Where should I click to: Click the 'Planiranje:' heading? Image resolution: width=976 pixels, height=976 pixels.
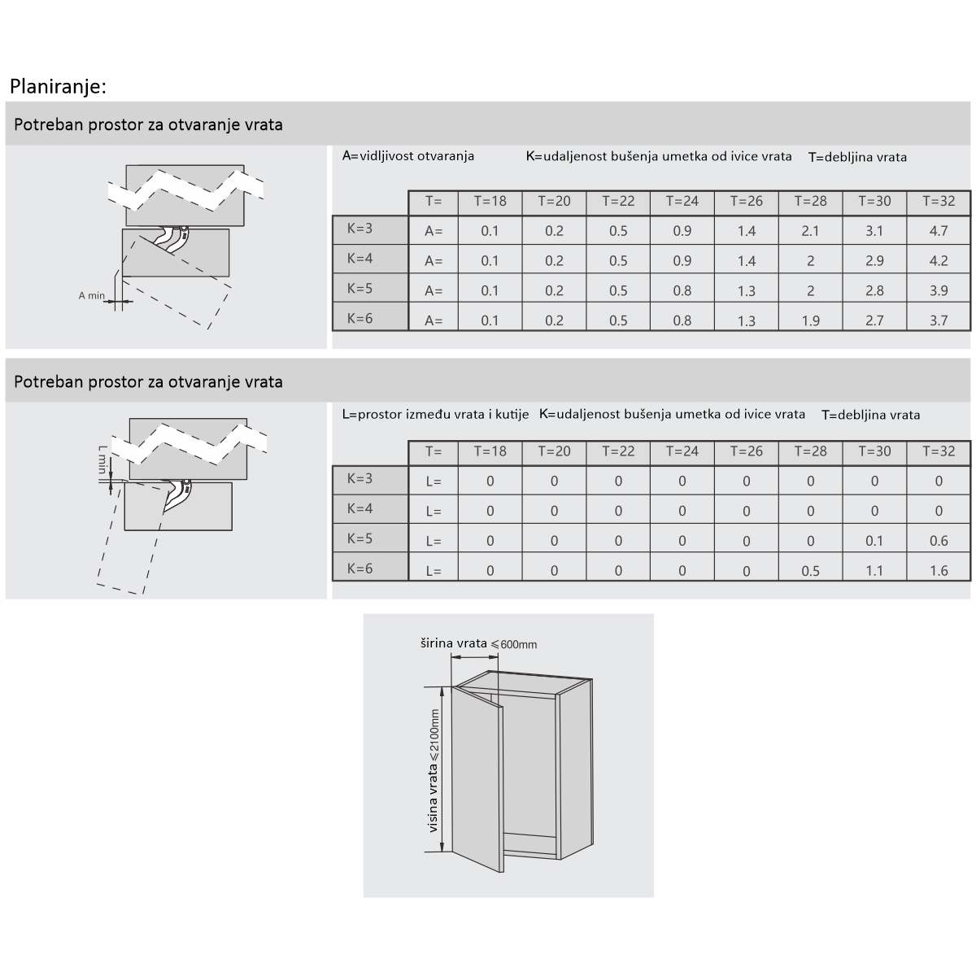(58, 86)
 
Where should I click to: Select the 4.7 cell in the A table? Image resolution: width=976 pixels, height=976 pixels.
(939, 231)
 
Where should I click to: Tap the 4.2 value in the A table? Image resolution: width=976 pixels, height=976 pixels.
(939, 261)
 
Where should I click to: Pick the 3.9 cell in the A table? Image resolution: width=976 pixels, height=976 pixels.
(939, 291)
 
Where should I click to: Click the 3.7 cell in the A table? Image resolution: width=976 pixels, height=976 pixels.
(939, 320)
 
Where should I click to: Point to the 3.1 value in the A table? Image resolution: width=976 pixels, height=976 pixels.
(874, 231)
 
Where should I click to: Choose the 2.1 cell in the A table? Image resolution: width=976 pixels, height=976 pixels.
(810, 231)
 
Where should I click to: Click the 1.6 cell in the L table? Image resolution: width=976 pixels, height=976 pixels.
(939, 571)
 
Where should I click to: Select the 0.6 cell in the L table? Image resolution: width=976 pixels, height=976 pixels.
(939, 541)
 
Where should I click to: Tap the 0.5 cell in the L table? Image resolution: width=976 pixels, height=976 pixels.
(810, 571)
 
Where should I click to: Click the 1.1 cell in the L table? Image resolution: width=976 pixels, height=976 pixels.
(874, 571)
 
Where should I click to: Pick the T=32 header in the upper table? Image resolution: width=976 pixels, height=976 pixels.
(939, 201)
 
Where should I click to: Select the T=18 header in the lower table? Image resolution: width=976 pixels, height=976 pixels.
(490, 451)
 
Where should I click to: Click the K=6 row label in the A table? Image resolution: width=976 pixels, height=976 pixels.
(359, 318)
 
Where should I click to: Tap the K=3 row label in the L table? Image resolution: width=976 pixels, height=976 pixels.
(359, 478)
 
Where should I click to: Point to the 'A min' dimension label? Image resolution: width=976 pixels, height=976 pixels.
(92, 296)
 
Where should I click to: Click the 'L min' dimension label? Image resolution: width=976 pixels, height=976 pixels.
(102, 460)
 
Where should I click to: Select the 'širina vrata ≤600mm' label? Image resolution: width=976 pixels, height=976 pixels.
(478, 644)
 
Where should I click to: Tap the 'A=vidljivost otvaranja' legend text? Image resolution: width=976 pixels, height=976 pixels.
(408, 156)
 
